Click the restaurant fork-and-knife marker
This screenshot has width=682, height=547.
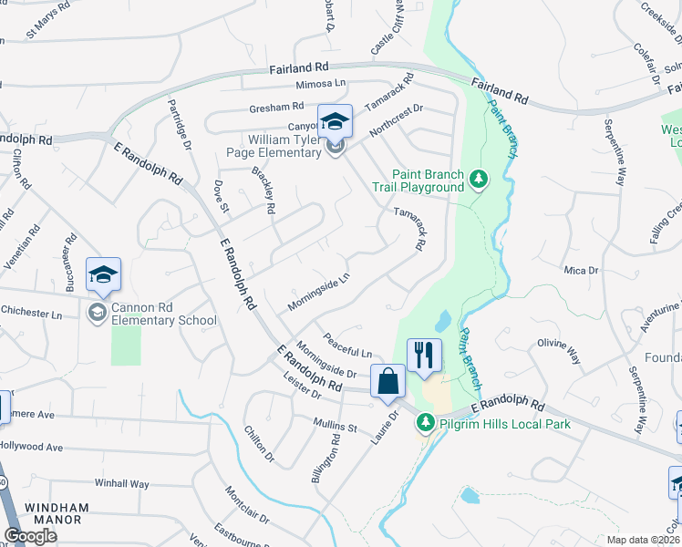coord(424,354)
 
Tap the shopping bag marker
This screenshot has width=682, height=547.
coord(388,380)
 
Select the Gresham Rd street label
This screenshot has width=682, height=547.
coord(276,108)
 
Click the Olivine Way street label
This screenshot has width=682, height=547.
coord(559,349)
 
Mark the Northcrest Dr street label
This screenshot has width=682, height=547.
coord(397,121)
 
